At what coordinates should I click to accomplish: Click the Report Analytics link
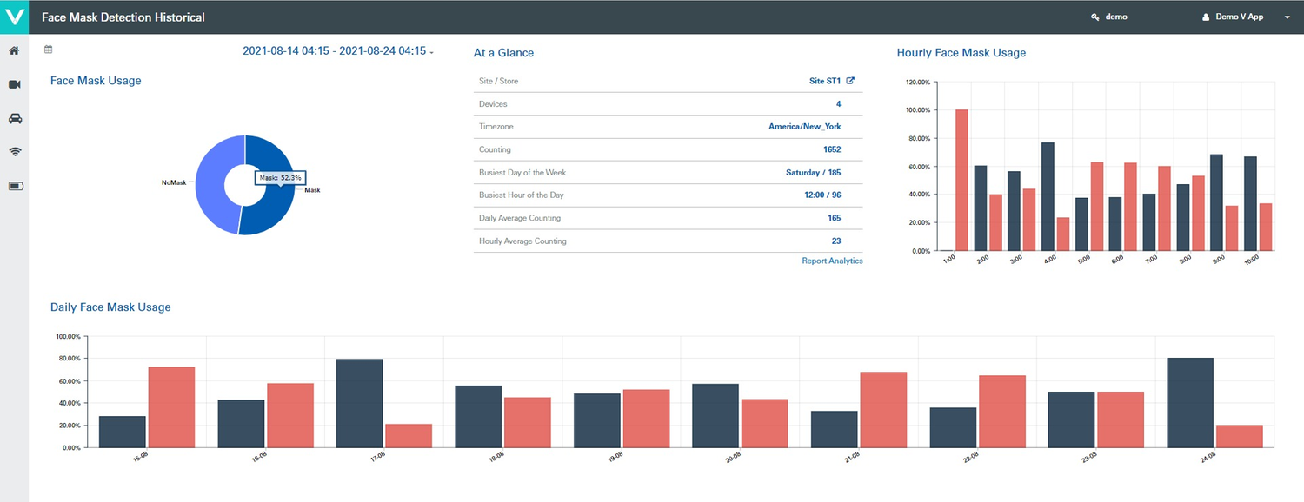pyautogui.click(x=832, y=261)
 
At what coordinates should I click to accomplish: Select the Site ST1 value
pyautogui.click(x=825, y=81)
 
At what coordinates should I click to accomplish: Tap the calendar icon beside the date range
pyautogui.click(x=49, y=50)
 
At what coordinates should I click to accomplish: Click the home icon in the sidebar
pyautogui.click(x=14, y=50)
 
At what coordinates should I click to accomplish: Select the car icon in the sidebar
pyautogui.click(x=15, y=118)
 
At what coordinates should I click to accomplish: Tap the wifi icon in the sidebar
pyautogui.click(x=15, y=151)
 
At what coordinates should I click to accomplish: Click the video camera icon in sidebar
pyautogui.click(x=15, y=84)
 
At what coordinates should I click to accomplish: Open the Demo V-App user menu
pyautogui.click(x=1245, y=17)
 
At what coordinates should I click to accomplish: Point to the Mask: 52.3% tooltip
pyautogui.click(x=280, y=177)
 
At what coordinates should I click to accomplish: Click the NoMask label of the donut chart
pyautogui.click(x=174, y=183)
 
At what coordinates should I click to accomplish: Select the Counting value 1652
pyautogui.click(x=831, y=149)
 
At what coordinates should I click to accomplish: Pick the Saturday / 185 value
pyautogui.click(x=813, y=173)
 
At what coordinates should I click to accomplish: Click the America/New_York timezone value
pyautogui.click(x=804, y=127)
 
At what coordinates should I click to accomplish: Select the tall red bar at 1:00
pyautogui.click(x=961, y=180)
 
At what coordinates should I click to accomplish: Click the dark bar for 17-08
pyautogui.click(x=359, y=403)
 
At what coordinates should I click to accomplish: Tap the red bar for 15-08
pyautogui.click(x=171, y=406)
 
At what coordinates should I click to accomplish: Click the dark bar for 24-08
pyautogui.click(x=1190, y=402)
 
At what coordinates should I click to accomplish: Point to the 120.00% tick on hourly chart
pyautogui.click(x=918, y=83)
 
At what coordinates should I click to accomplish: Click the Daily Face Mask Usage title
pyautogui.click(x=110, y=307)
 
